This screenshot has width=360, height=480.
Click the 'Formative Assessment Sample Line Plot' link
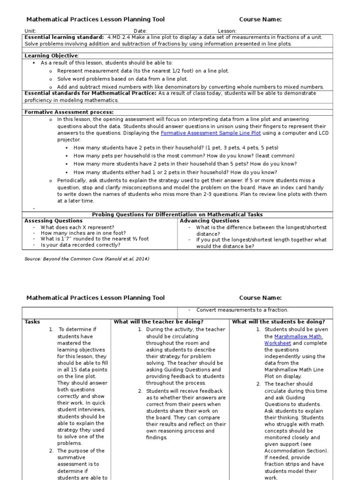click(211, 133)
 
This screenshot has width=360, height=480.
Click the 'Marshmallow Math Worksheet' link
click(293, 340)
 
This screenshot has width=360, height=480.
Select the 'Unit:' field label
click(30, 31)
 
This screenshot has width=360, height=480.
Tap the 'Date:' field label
click(141, 31)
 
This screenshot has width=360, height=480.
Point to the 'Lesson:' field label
click(227, 31)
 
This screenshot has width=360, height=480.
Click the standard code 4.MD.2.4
click(121, 37)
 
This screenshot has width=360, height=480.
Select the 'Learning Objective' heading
click(52, 56)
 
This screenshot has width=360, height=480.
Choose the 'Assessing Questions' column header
click(53, 221)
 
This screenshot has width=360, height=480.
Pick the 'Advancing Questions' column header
click(210, 221)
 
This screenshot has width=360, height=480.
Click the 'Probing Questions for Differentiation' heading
click(177, 215)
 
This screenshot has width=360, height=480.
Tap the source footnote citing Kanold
click(87, 258)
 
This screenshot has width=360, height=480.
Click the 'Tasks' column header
click(32, 322)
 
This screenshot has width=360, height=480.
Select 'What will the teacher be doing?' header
click(158, 322)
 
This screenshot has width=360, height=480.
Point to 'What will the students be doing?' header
click(278, 322)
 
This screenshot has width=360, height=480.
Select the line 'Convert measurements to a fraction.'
click(242, 310)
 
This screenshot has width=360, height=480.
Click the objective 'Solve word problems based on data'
click(122, 79)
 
